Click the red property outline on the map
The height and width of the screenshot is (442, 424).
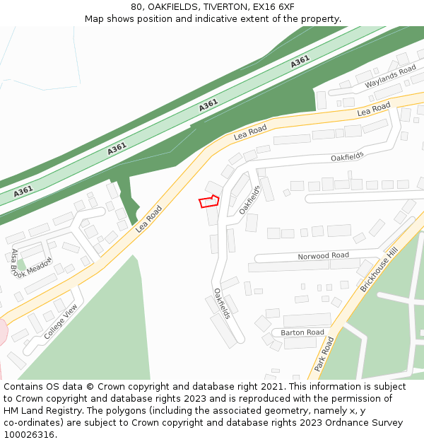pos(208,202)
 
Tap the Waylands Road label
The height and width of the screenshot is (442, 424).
pos(391,76)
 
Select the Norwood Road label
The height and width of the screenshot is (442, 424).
pos(323,256)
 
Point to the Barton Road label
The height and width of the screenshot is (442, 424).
pos(302,332)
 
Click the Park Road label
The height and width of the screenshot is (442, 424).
pos(324,354)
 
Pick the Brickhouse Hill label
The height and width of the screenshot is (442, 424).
pos(379,270)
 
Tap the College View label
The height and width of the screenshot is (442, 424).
pos(61,322)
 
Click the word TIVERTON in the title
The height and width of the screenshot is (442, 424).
pos(211,7)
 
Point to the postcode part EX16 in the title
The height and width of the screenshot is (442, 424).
pos(265,7)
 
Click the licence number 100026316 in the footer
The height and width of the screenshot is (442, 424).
pos(29,435)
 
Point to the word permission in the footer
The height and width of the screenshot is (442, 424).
pos(345,399)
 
